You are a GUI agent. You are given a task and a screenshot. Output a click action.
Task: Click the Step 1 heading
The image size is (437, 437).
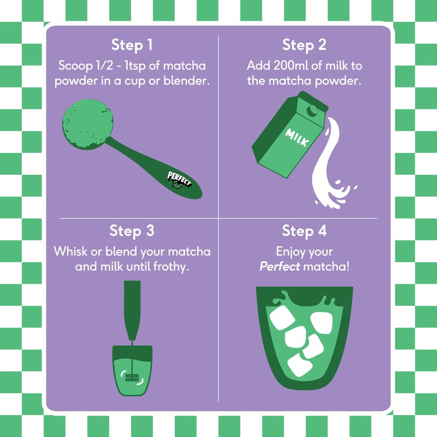pos(132,45)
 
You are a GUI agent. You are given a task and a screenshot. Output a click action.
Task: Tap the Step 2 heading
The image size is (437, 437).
pos(304,45)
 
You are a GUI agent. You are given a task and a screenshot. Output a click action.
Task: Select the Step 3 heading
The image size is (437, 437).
pos(132,231)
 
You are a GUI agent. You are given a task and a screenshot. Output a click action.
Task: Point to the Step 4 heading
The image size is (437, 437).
pos(304,231)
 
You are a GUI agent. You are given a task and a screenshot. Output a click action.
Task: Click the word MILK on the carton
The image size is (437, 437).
pos(297,138)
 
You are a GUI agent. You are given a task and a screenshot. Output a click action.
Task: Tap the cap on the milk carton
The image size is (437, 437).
pos(312,110)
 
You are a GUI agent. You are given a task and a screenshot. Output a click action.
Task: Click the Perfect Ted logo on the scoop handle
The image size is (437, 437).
pos(179,180)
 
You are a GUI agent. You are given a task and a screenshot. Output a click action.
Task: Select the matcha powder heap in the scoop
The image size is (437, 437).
pos(88,124)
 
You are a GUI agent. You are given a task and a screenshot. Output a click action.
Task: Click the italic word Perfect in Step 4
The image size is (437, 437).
pos(280,267)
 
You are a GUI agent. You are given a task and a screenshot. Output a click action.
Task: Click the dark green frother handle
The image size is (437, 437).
pos(132,310)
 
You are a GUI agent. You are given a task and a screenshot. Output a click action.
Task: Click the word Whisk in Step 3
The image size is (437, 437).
pos(70,251)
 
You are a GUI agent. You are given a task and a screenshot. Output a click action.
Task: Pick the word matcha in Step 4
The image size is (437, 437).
pos(326,267)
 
